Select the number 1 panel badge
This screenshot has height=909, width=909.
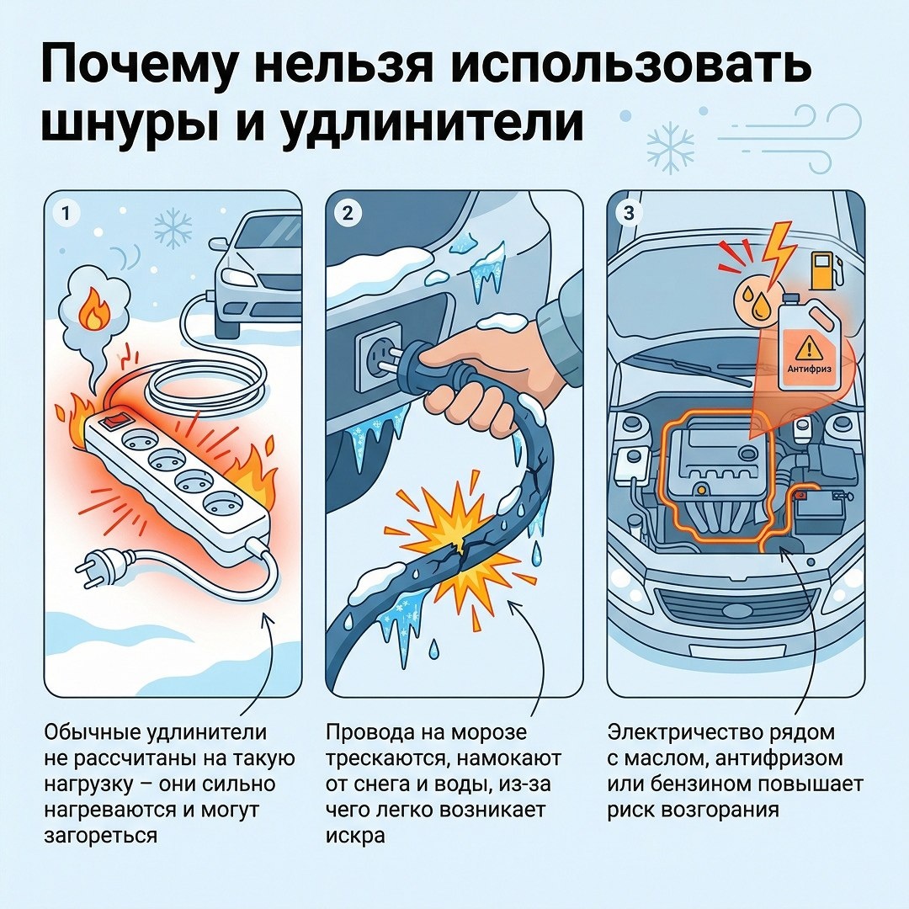(66, 214)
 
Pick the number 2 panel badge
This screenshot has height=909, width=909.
(348, 214)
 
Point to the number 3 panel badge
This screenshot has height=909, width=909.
(629, 214)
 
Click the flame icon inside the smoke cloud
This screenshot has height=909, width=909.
(93, 310)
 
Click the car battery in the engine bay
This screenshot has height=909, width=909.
(819, 514)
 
